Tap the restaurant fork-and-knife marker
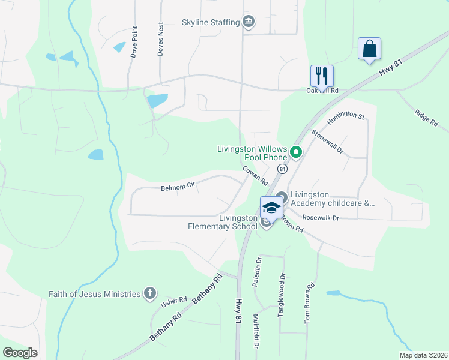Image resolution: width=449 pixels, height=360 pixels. pyautogui.click(x=322, y=76)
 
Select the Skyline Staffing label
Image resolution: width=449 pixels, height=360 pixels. pyautogui.click(x=210, y=23)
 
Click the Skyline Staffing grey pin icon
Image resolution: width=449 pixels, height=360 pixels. pyautogui.click(x=249, y=23)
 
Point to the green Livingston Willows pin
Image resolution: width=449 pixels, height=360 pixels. pyautogui.click(x=295, y=152)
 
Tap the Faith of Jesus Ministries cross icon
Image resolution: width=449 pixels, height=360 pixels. pyautogui.click(x=150, y=294)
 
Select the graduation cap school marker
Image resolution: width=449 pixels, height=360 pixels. pyautogui.click(x=271, y=208)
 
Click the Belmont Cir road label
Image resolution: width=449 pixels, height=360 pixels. pyautogui.click(x=178, y=187)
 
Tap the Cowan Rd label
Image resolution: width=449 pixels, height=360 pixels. pyautogui.click(x=255, y=175)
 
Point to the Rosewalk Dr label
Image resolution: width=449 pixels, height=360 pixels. pyautogui.click(x=321, y=217)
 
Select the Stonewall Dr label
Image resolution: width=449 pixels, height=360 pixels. pyautogui.click(x=327, y=140)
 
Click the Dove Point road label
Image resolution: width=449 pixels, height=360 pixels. pyautogui.click(x=134, y=42)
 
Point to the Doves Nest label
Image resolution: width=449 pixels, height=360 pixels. pyautogui.click(x=160, y=40)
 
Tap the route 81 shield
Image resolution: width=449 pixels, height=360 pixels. pyautogui.click(x=281, y=170)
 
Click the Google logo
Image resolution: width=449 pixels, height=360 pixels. pyautogui.click(x=20, y=353)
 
